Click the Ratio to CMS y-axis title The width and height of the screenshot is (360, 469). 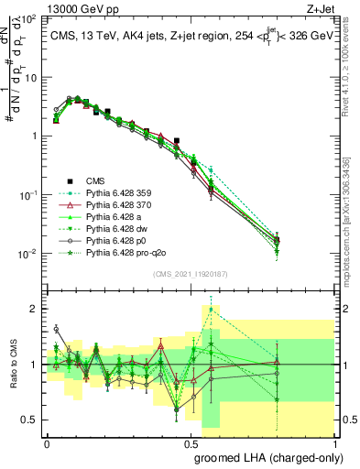click(x=13, y=366)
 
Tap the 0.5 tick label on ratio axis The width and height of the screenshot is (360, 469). click(x=31, y=420)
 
